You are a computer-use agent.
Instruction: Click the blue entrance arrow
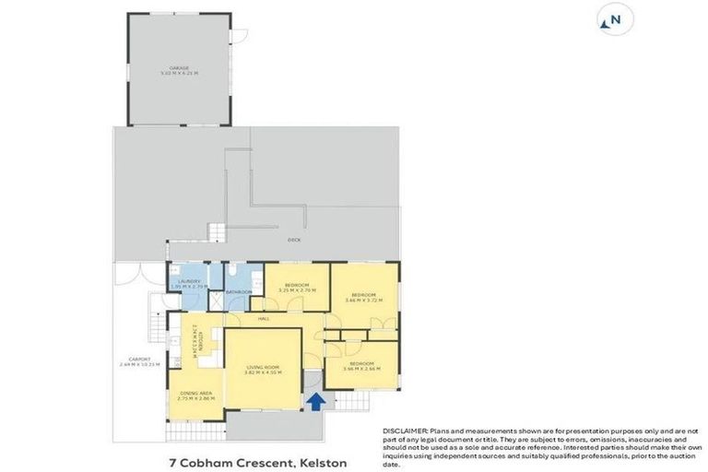click(x=315, y=401)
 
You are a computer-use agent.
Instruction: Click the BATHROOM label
click(x=239, y=292)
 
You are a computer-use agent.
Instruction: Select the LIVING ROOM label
click(x=263, y=366)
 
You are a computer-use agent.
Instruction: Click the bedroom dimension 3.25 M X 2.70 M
click(x=296, y=290)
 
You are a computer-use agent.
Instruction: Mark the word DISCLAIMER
click(x=404, y=431)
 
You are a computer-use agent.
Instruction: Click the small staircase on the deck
click(x=216, y=230)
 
